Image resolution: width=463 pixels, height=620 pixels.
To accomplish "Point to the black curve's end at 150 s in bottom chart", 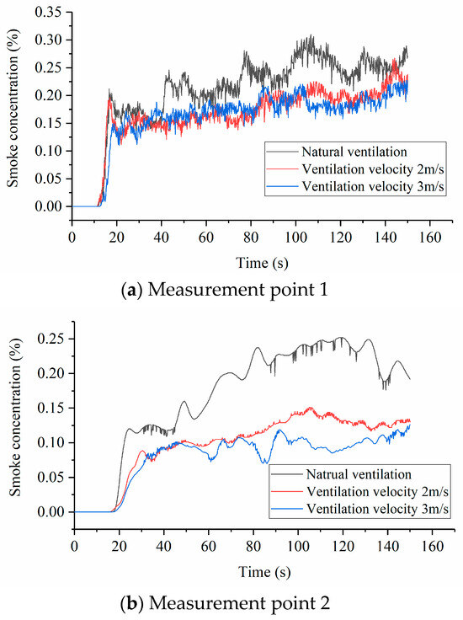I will (410, 379).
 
